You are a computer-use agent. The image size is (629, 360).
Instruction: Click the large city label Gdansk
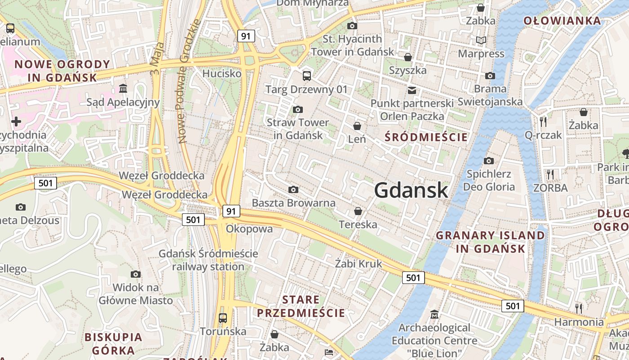411,190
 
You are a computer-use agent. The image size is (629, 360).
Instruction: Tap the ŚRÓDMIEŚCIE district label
426,137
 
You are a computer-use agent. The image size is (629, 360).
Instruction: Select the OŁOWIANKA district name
562,21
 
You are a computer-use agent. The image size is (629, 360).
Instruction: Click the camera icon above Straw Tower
297,109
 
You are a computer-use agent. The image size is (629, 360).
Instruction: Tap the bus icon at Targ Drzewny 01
307,76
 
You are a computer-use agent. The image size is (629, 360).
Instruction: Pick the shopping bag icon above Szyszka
408,57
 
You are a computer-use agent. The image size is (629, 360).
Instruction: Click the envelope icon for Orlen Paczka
412,90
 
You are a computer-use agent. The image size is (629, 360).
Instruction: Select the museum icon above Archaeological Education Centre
434,314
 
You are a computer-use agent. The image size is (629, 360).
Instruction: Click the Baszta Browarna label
293,203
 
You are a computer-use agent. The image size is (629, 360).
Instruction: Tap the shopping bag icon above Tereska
358,211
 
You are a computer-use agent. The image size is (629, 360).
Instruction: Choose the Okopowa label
249,229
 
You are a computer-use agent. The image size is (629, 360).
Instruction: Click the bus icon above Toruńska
223,318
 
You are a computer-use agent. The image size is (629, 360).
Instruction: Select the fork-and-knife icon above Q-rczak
543,121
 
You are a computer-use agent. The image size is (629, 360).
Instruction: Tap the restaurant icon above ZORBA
550,174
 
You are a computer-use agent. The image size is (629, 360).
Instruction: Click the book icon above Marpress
481,40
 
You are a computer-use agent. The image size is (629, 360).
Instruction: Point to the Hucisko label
222,73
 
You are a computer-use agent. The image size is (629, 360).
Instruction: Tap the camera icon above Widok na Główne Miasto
136,274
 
